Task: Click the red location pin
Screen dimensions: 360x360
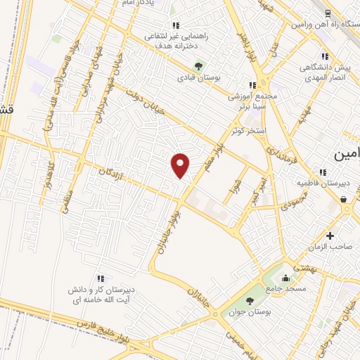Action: (181, 165)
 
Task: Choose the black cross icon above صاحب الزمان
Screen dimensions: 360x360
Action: (330, 236)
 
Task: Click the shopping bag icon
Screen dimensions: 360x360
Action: (344, 200)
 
